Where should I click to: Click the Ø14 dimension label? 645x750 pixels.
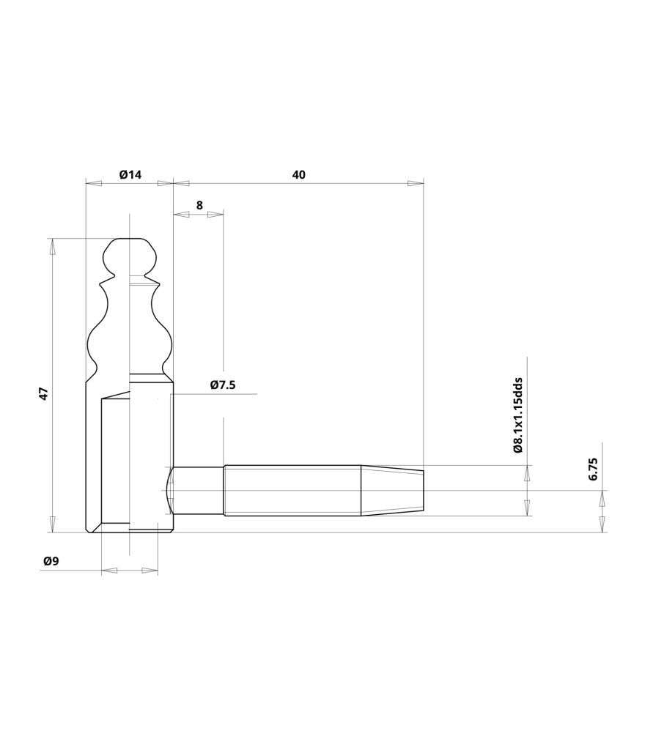tap(130, 174)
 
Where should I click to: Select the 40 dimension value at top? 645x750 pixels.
tap(298, 174)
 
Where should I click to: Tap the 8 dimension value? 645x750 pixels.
tap(199, 205)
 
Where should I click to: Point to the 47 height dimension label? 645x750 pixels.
tap(43, 393)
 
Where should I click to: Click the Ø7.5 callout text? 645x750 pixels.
tap(223, 385)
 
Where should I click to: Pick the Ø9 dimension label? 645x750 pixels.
tap(51, 561)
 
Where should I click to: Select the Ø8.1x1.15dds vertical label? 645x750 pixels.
tap(517, 415)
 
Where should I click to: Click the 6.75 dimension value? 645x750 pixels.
tap(593, 469)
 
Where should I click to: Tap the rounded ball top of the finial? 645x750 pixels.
tap(130, 256)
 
